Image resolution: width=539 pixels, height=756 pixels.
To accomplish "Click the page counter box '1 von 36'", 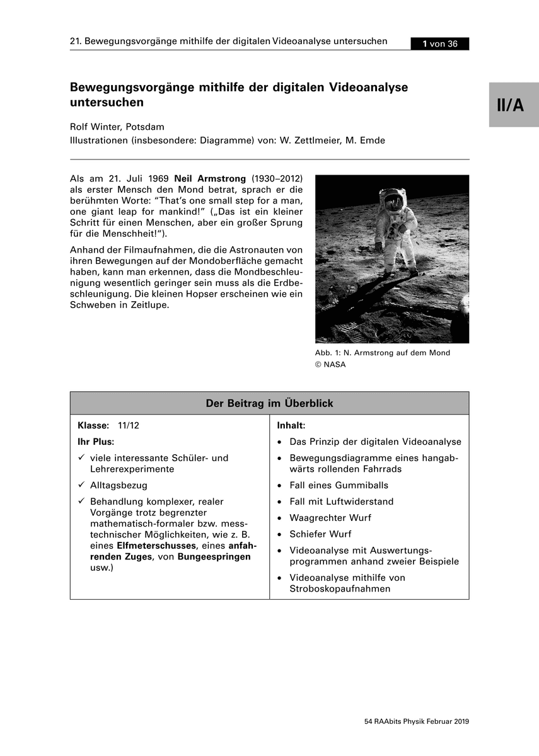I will [439, 43].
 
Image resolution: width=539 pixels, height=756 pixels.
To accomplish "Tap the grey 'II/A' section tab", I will [513, 105].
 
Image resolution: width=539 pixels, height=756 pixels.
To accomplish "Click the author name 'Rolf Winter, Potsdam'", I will [117, 127].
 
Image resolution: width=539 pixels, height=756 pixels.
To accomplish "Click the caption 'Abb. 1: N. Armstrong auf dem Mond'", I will [382, 353].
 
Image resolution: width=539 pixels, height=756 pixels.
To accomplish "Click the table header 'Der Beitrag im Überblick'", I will [269, 403].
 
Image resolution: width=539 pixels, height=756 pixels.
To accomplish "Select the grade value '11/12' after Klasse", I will [129, 425].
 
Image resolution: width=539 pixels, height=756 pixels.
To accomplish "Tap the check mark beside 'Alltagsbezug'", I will [81, 486].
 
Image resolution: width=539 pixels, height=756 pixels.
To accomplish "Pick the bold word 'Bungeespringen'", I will [214, 557].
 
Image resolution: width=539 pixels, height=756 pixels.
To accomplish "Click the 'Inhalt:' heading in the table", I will [291, 425].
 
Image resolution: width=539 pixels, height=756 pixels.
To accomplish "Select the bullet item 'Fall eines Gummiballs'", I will [339, 485].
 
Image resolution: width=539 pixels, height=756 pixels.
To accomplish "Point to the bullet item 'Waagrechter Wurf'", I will [330, 518].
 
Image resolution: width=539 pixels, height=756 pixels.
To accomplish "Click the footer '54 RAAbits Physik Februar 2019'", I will [417, 721].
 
